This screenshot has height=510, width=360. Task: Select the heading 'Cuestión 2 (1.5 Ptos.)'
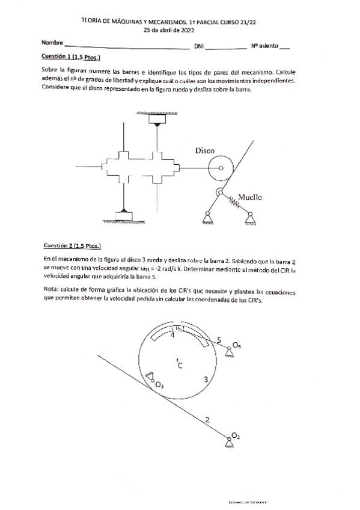click(x=72, y=246)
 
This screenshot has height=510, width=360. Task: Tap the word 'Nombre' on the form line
click(x=52, y=43)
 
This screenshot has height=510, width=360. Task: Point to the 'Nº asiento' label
click(x=264, y=46)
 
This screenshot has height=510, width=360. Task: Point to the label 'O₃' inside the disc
click(x=159, y=385)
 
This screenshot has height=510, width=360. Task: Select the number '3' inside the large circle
click(x=206, y=379)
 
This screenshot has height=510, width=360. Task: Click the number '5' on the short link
click(x=219, y=340)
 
